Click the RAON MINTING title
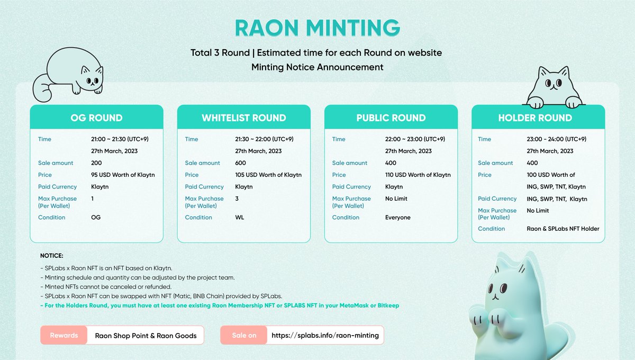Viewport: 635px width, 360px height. pos(317,28)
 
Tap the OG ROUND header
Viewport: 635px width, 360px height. pos(96,118)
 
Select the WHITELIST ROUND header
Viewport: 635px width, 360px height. pos(243,118)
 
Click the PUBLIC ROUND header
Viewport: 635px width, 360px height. pos(391,118)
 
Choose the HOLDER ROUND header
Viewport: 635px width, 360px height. pos(535,118)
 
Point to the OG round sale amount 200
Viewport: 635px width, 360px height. pos(96,163)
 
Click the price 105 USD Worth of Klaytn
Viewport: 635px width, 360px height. pos(268,175)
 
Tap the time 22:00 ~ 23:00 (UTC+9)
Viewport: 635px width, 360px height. pos(415,139)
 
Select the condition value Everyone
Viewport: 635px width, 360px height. pos(397,218)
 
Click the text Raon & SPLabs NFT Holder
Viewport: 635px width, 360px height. pos(563,229)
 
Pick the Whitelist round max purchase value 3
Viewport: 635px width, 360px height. pos(237,199)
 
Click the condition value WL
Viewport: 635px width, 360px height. pos(240,218)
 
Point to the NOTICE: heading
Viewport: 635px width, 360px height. pos(52,256)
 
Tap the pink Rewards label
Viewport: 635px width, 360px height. pos(63,336)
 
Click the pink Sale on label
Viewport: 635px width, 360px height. pos(244,336)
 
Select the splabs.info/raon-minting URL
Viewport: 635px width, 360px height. pos(325,336)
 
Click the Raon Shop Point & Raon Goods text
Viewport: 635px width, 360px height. pos(146,336)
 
